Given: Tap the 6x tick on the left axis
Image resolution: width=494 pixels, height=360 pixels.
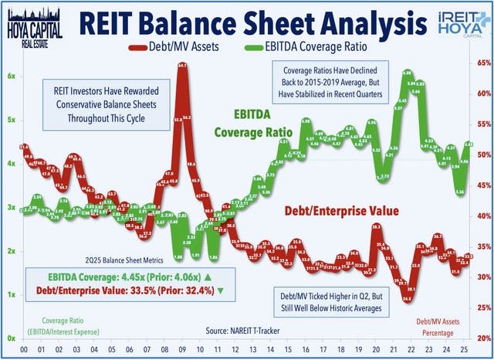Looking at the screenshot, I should point(12,76).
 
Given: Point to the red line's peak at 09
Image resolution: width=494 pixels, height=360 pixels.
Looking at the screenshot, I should point(182,68).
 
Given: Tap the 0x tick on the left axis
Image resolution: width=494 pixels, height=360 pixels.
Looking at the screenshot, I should point(12,338).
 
